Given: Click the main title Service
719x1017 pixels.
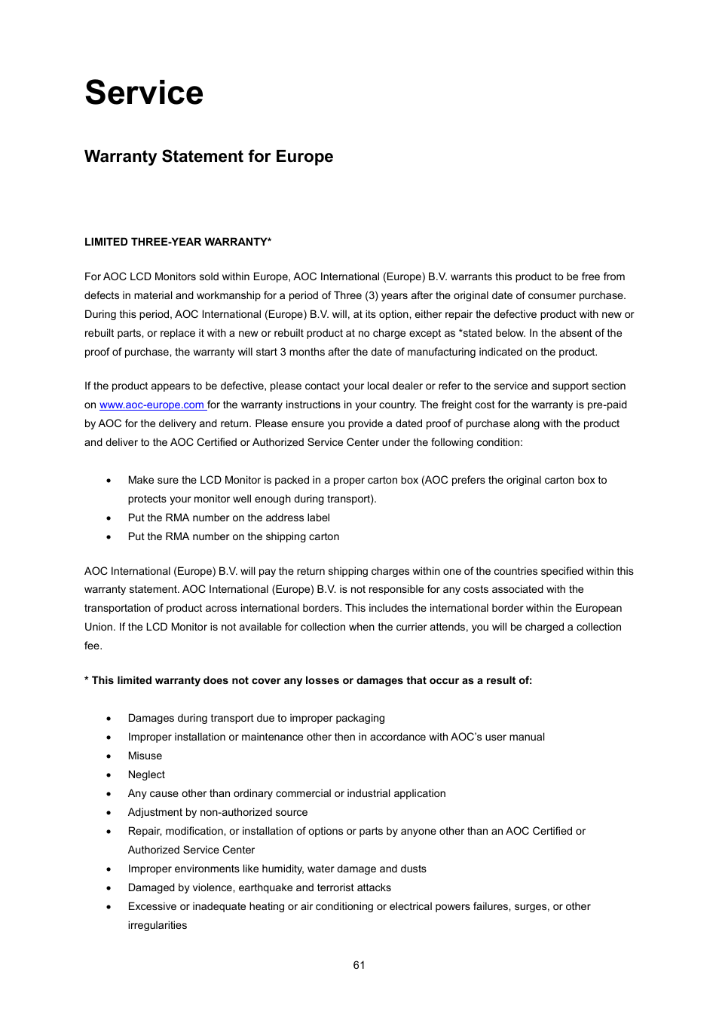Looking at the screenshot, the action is (x=144, y=93).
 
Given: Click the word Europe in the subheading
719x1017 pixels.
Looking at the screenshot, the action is (x=304, y=157).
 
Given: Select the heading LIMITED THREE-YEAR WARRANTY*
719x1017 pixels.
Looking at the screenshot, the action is (x=178, y=242).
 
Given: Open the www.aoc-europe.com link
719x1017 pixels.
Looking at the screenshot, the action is (x=151, y=405).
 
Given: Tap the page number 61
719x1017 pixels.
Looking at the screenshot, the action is (x=359, y=965).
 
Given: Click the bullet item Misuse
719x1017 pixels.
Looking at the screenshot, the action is (x=145, y=756).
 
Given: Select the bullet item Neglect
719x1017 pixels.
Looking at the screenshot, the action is (x=146, y=774).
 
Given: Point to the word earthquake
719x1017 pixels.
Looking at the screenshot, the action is (x=266, y=887).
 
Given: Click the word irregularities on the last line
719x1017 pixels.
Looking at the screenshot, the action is (x=157, y=925).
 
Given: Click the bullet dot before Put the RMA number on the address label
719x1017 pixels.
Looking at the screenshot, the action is (x=109, y=518).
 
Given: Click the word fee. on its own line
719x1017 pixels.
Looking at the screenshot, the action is (x=93, y=646).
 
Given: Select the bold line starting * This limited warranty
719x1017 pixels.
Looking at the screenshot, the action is (x=307, y=680).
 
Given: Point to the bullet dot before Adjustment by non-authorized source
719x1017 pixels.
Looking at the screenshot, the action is (x=109, y=813).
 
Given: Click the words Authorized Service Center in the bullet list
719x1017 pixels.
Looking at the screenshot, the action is (x=191, y=850).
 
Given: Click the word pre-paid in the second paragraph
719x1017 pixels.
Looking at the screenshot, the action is (x=607, y=405).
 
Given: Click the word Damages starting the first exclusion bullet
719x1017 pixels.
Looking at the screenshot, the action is (x=151, y=718).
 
